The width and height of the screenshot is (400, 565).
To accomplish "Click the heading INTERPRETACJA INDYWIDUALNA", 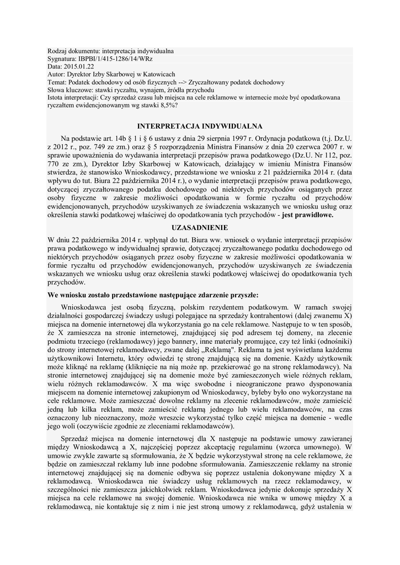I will (200, 126).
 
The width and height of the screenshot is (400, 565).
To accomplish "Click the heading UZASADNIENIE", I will (200, 227).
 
